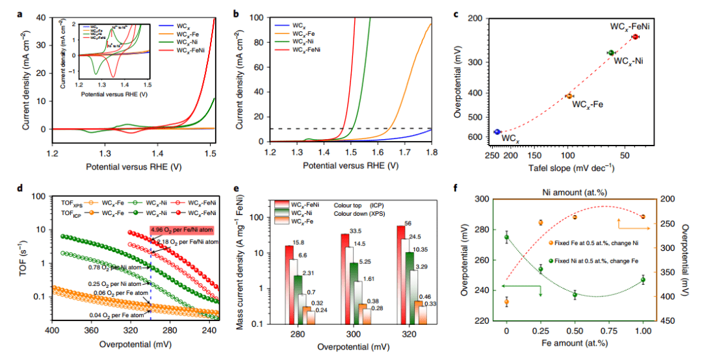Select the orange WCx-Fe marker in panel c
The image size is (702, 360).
569,96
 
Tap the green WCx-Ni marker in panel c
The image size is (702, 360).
611,52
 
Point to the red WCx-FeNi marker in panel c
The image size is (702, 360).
635,37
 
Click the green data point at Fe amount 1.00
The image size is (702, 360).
643,280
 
